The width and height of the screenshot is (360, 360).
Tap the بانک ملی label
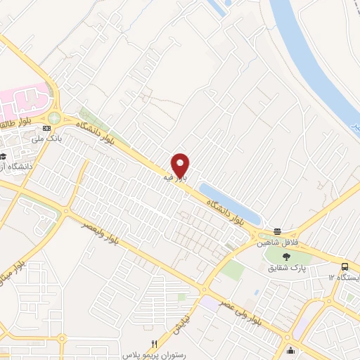pos(51,139)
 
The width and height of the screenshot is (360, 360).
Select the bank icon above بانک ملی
pos(46,129)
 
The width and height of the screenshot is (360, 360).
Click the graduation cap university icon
pos(3,157)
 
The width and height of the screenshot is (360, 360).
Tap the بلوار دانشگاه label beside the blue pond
pos(227,210)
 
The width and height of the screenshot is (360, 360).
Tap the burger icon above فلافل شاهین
pos(277,231)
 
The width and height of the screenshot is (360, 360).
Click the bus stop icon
pos(345,267)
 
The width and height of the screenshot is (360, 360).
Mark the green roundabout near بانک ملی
pos(54,120)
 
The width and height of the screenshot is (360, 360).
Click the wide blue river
pos(316,56)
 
